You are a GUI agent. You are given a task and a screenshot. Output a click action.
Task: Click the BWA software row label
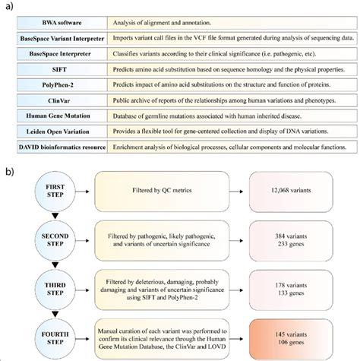65,26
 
